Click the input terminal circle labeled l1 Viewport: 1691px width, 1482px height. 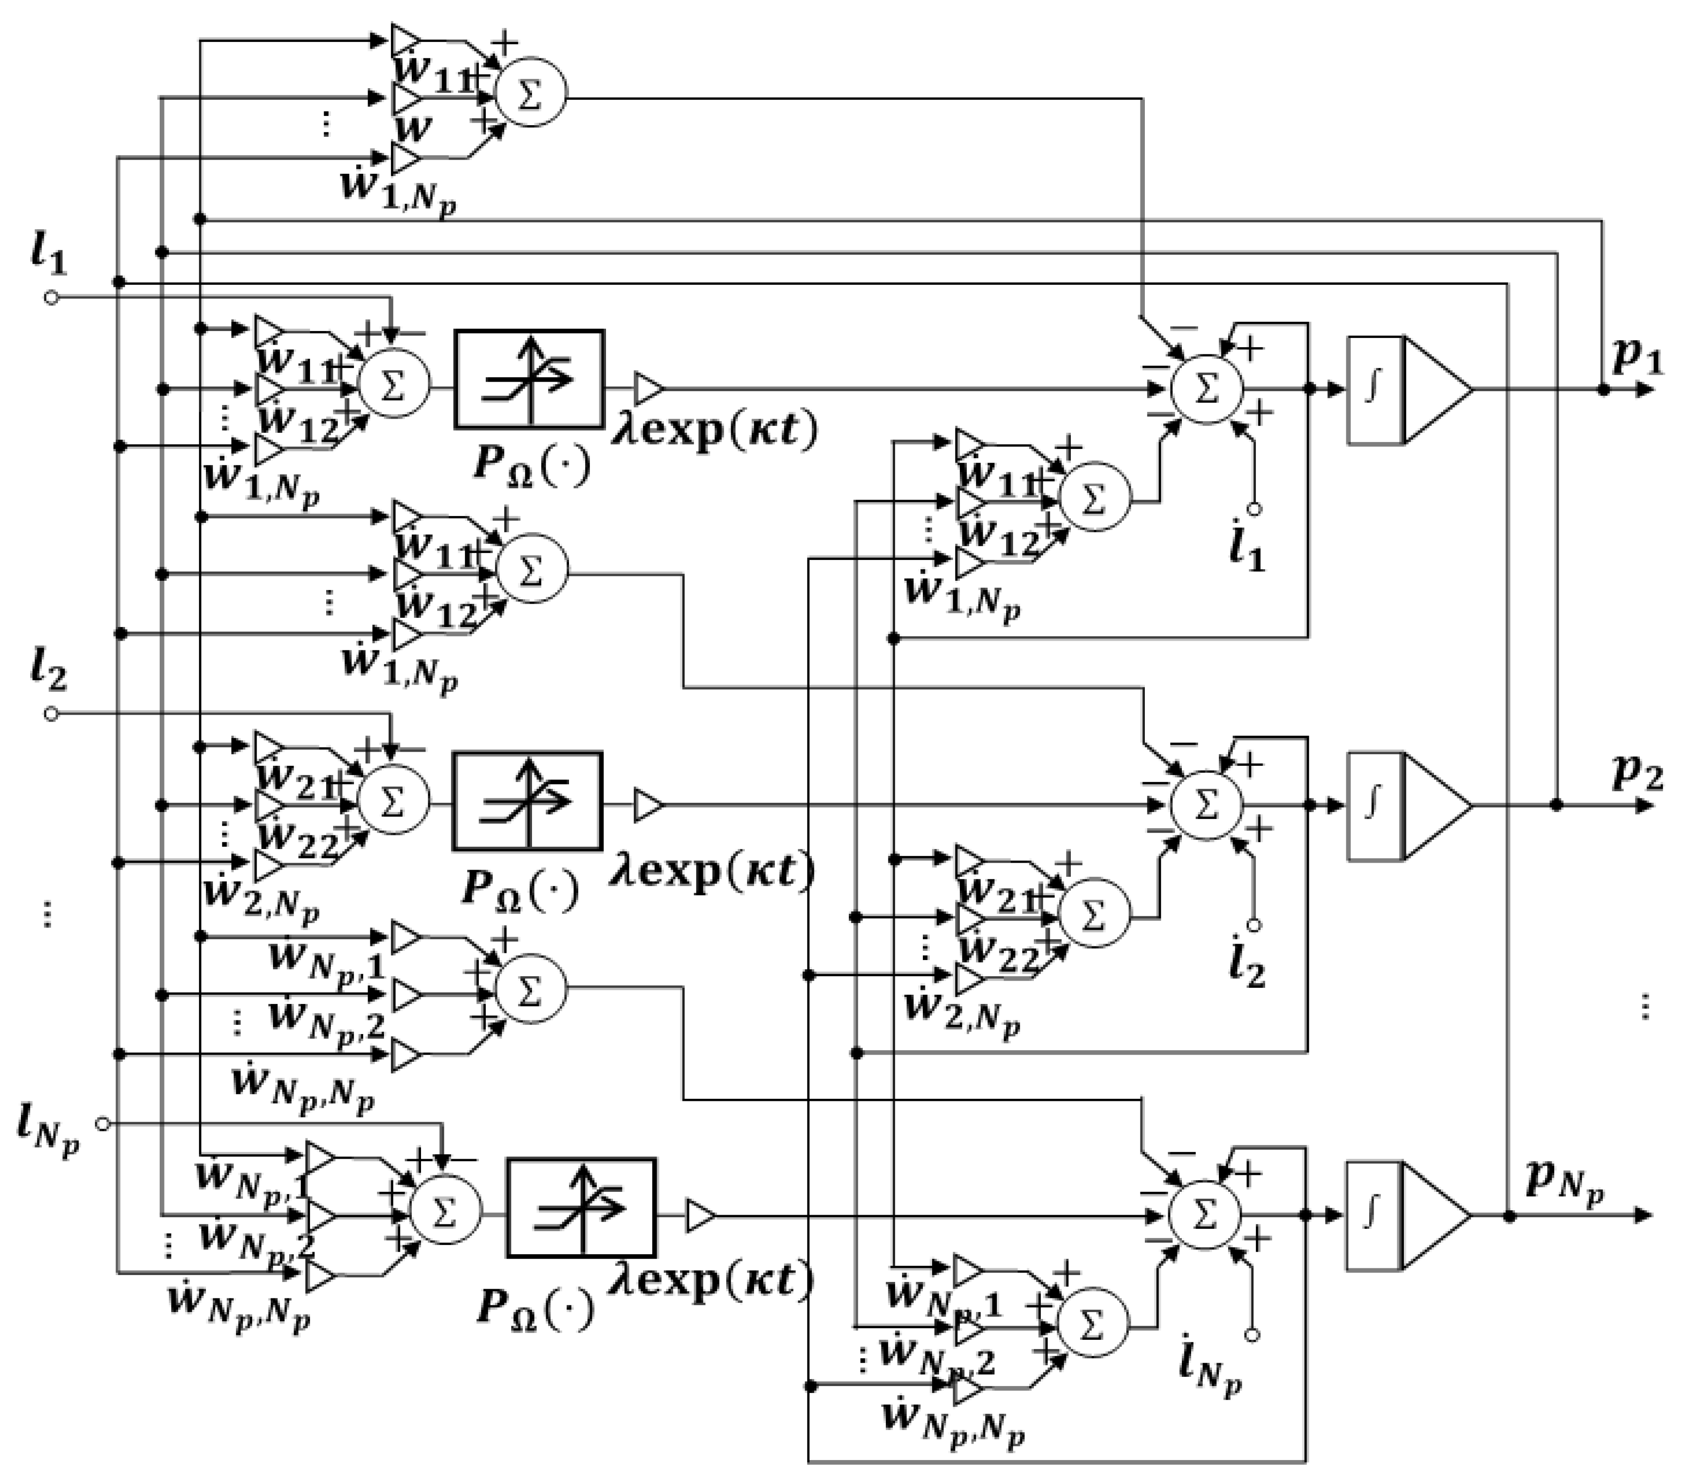tap(51, 298)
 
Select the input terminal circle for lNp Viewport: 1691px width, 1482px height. tap(103, 1124)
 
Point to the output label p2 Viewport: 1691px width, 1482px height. tap(1636, 773)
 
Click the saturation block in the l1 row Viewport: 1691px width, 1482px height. tap(529, 380)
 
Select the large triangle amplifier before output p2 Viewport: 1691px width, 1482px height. tap(1437, 805)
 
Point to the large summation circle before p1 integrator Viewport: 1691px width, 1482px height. tap(1207, 389)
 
